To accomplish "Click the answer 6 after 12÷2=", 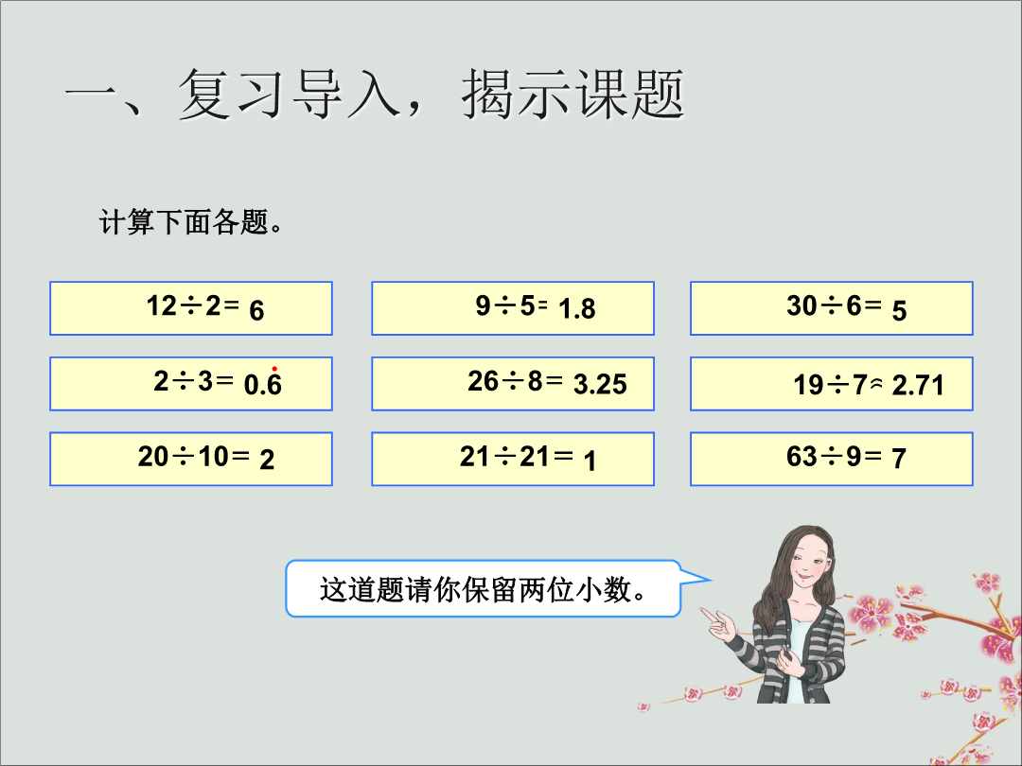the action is tap(256, 311).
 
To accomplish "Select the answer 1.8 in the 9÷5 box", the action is tap(577, 308).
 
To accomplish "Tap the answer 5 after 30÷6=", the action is tap(900, 311).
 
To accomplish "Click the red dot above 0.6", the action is tap(274, 369).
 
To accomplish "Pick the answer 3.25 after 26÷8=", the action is tap(600, 384).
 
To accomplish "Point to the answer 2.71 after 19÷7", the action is tap(918, 386).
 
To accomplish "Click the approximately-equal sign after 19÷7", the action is tap(876, 384).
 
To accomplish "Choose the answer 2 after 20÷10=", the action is tap(267, 461).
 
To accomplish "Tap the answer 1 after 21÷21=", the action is tap(590, 461).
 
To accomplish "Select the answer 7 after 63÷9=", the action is tap(899, 459).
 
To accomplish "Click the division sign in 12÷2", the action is tap(191, 305).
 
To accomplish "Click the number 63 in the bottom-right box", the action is tap(802, 456).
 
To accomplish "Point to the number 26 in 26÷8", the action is tap(483, 381).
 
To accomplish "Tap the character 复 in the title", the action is tap(204, 95).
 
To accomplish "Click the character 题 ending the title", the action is tap(658, 95).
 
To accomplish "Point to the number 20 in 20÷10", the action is tap(153, 456).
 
